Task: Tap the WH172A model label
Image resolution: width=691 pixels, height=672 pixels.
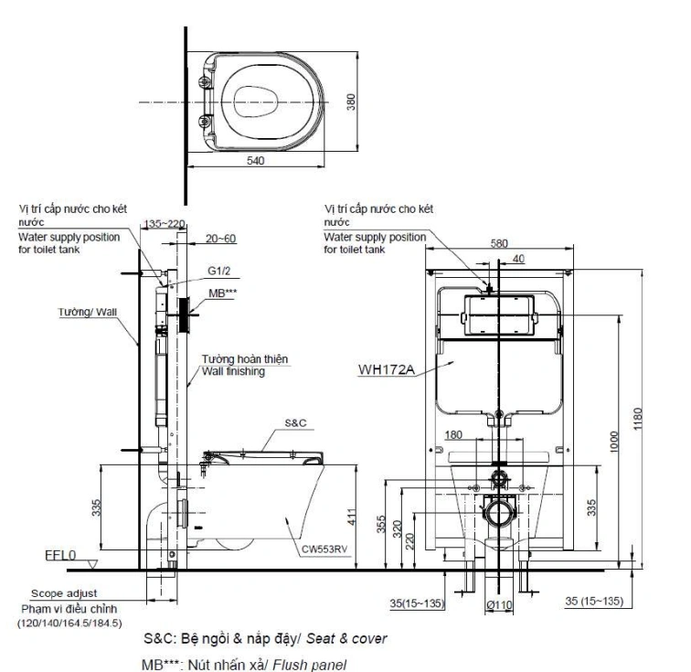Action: pos(388,370)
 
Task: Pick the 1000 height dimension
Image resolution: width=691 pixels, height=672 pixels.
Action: pos(615,443)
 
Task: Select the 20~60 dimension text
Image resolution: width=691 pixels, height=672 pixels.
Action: pos(220,239)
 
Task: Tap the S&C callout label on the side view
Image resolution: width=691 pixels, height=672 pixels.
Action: pos(295,423)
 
